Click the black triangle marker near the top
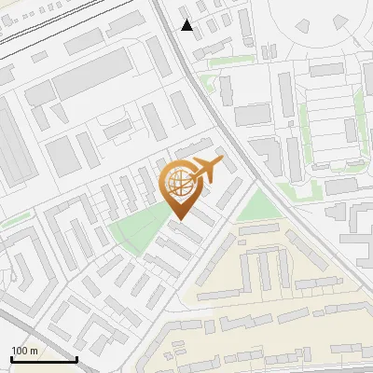187,25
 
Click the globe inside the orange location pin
179,183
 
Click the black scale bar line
43,359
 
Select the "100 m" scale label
24,351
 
